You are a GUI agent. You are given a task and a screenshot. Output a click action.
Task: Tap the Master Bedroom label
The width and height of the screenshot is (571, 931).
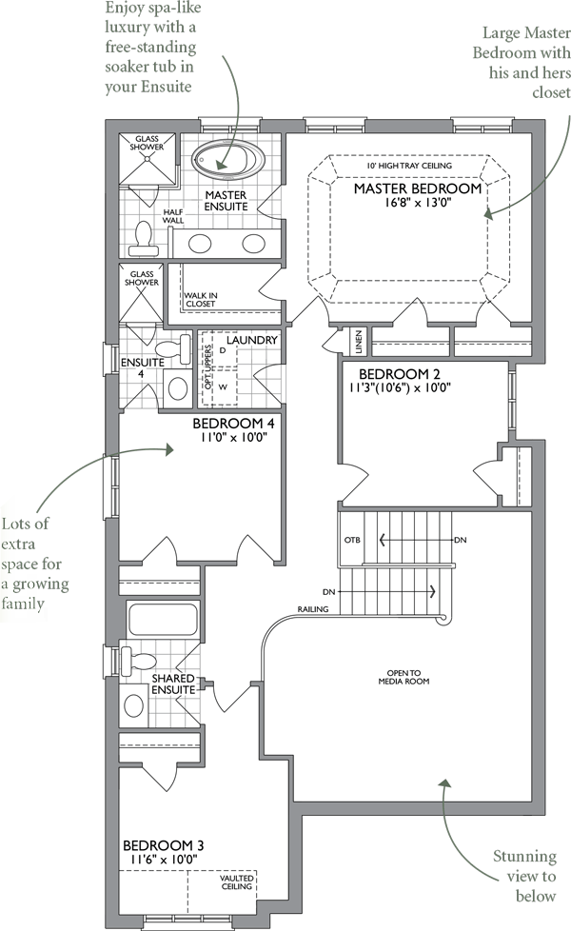pos(418,188)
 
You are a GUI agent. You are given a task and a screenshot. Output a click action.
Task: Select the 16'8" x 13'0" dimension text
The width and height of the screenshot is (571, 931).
pos(418,203)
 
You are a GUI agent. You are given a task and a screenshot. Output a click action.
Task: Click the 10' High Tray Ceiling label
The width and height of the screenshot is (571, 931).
pos(409,166)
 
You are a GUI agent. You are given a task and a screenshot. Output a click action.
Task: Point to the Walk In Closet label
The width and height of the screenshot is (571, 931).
pos(201,299)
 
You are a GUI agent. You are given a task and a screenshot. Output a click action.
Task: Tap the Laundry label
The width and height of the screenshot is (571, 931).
pos(252,340)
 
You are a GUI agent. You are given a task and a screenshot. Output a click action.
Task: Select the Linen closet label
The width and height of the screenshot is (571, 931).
pos(359,343)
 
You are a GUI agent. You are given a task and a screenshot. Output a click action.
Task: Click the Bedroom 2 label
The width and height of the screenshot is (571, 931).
pos(400,375)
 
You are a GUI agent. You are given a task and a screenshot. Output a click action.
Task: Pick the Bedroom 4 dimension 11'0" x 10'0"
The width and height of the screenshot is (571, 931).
pos(233,437)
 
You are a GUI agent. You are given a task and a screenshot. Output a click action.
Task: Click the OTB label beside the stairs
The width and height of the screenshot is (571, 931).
pos(352,541)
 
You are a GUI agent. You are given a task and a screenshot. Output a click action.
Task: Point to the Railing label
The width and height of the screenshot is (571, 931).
pos(313,609)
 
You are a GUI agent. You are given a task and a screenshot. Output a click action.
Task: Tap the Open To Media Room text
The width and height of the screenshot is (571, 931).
pos(404,677)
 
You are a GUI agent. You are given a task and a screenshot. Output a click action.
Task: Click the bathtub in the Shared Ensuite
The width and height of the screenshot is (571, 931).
pos(162,620)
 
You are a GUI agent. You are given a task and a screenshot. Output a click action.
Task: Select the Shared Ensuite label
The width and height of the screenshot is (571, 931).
pos(173,683)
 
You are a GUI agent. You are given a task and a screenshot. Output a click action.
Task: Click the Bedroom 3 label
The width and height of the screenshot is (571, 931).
pos(164,845)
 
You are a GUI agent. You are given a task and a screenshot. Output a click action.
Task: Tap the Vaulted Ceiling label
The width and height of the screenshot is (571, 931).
pos(236,882)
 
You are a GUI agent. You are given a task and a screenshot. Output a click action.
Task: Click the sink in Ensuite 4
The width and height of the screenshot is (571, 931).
pos(177,387)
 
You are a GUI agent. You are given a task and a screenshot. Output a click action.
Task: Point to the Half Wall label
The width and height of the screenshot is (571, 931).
pos(173,216)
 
